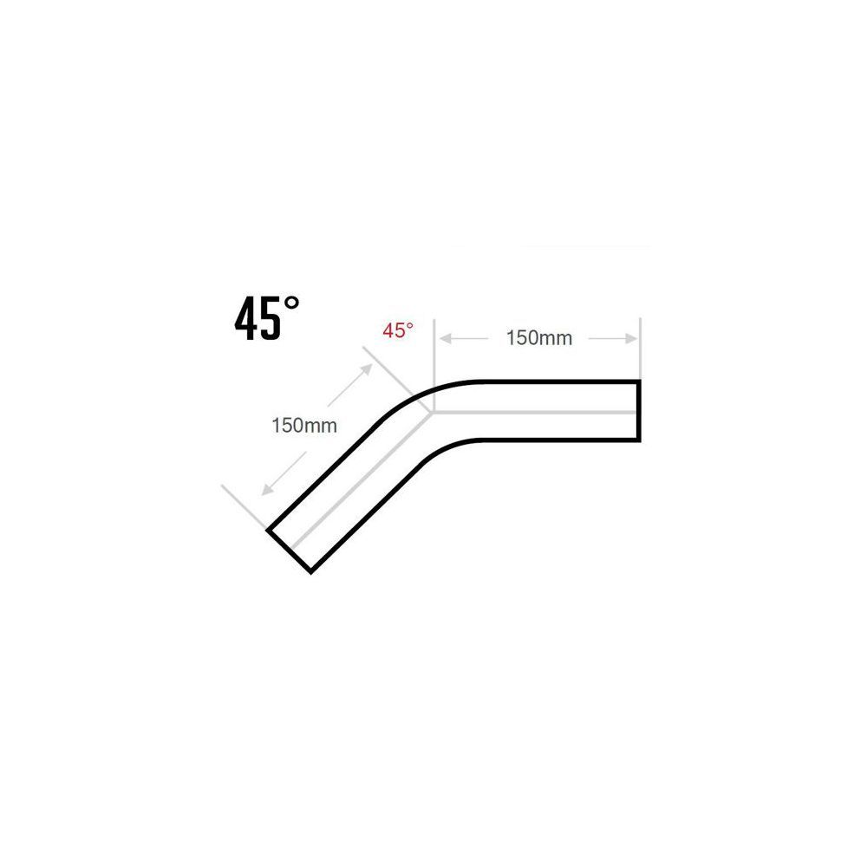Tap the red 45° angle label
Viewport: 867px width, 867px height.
pos(398,330)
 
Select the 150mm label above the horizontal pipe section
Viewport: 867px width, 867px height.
pos(538,338)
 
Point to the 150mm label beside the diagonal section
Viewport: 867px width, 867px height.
pos(303,426)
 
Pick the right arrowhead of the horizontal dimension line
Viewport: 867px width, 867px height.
pos(632,337)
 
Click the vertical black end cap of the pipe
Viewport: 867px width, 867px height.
pos(640,411)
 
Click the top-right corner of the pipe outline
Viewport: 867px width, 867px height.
pos(640,381)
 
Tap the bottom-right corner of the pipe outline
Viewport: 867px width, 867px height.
pos(640,441)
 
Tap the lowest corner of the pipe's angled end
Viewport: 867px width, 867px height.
pos(310,572)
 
